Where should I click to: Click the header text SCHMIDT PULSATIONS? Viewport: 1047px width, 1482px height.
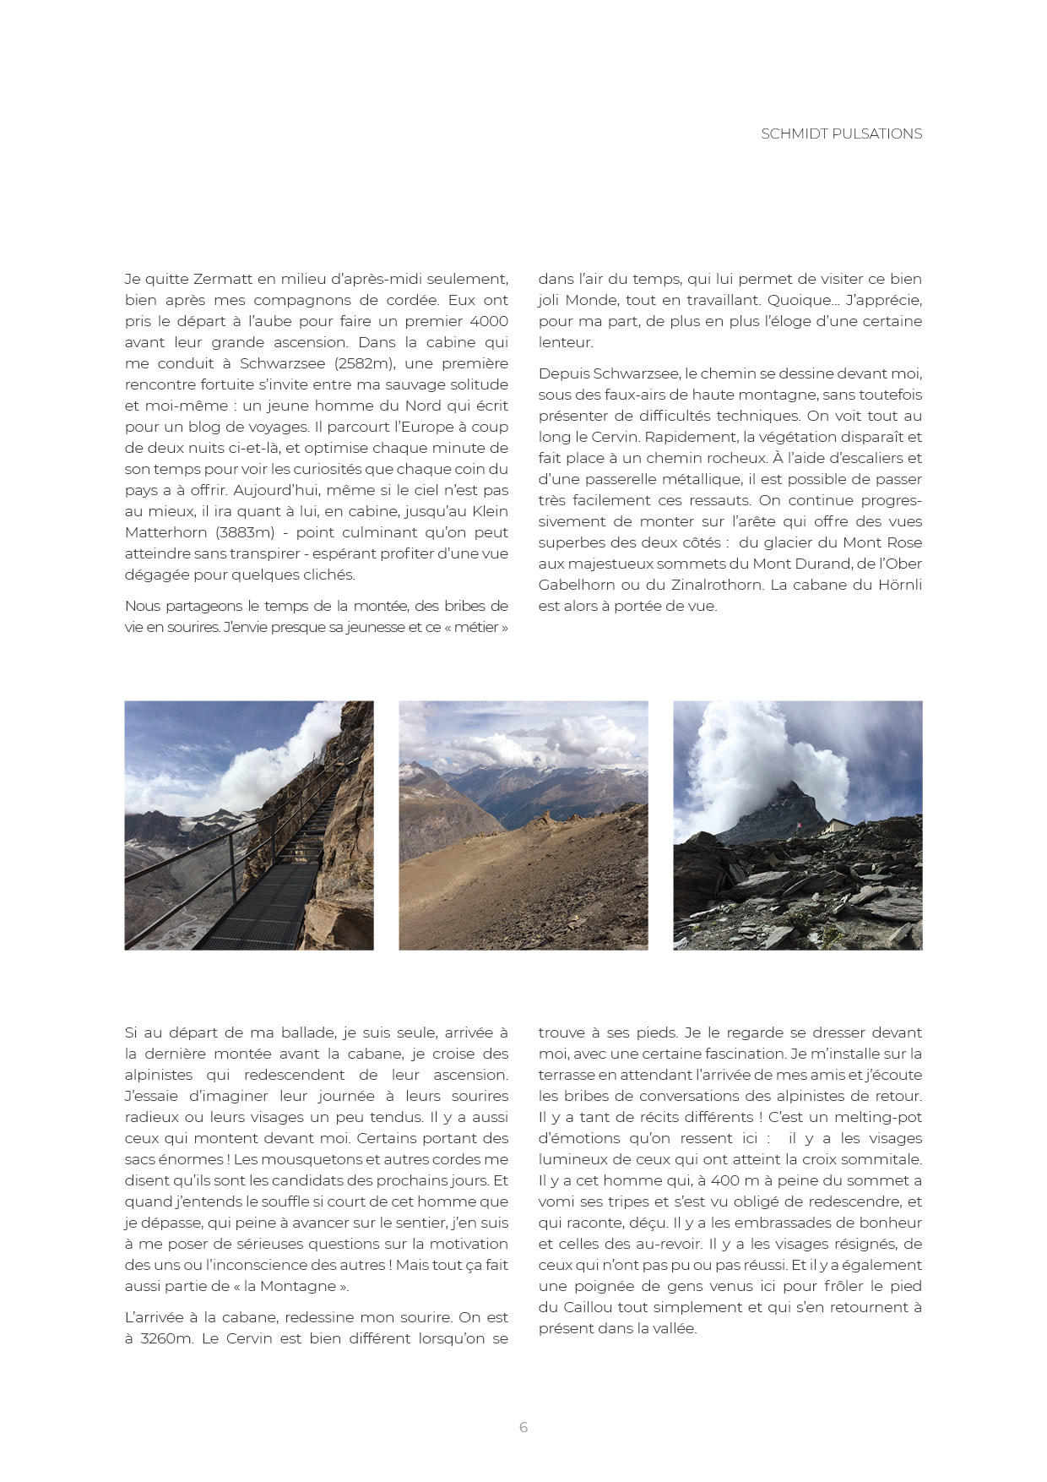pos(841,133)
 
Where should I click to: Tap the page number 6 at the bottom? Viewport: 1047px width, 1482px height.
pos(523,1427)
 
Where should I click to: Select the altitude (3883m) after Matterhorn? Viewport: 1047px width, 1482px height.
pos(245,532)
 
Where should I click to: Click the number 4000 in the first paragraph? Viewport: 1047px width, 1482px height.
pos(489,321)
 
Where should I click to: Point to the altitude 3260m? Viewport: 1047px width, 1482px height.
pos(167,1338)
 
